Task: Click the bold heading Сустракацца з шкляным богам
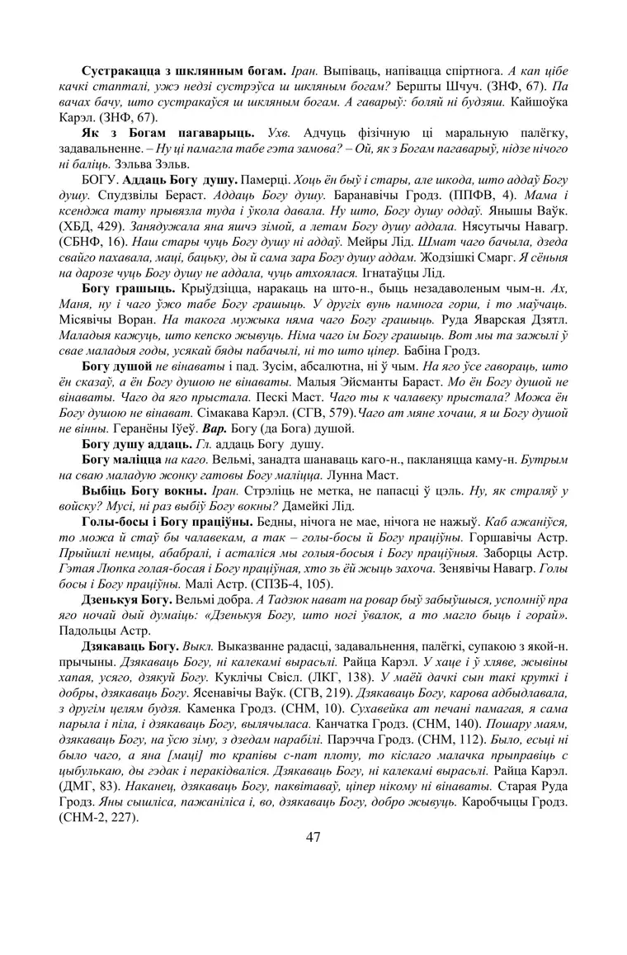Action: (x=183, y=71)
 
